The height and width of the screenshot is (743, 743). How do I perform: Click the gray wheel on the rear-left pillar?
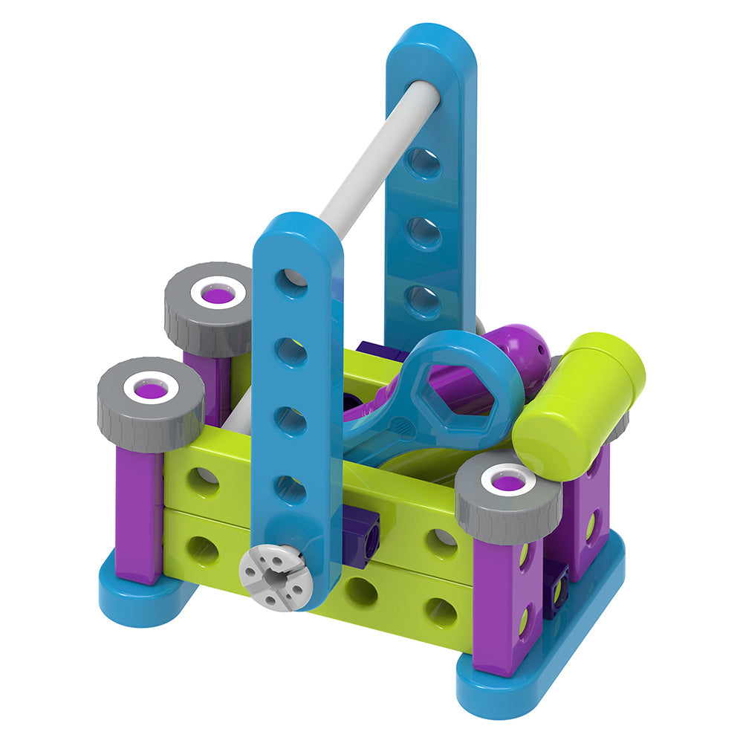click(x=209, y=307)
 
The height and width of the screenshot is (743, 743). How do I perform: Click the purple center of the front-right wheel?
click(x=508, y=483)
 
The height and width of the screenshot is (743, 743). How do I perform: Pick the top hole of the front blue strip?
click(x=291, y=282)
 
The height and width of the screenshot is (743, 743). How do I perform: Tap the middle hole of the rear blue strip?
click(x=423, y=233)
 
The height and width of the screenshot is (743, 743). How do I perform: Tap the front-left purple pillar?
click(x=139, y=513)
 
